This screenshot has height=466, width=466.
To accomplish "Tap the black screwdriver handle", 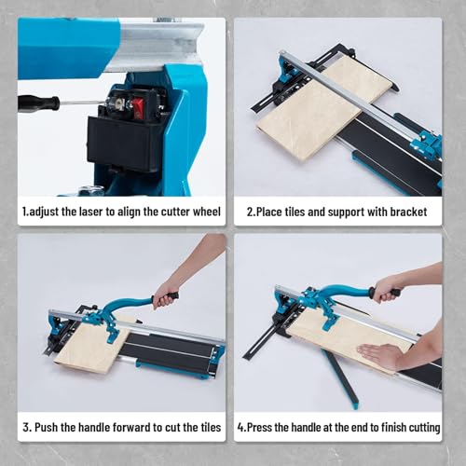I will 38,103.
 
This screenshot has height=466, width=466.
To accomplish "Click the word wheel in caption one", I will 205,212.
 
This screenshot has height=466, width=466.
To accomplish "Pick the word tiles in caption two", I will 306,212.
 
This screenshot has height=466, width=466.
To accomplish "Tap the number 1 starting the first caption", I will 24,212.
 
